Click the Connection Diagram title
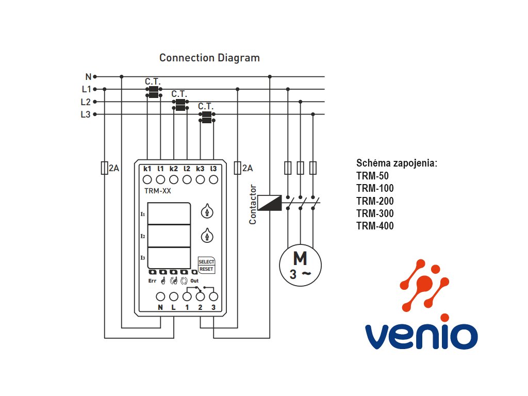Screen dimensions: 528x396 [209, 58]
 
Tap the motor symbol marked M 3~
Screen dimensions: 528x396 [300, 266]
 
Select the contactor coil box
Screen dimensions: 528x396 [269, 203]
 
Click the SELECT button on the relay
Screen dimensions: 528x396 [206, 261]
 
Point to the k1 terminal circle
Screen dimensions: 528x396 [147, 179]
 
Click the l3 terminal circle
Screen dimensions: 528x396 [213, 179]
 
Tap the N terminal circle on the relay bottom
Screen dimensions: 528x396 [160, 296]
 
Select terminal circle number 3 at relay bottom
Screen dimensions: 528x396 [213, 296]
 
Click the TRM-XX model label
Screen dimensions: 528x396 [158, 191]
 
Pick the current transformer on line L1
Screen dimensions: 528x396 [154, 92]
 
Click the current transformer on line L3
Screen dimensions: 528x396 [207, 117]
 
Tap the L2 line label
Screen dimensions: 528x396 [86, 102]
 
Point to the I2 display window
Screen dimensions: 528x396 [169, 236]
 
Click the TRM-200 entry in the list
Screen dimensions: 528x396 [375, 201]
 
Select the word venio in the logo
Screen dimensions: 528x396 [421, 335]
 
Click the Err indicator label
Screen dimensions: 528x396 [152, 281]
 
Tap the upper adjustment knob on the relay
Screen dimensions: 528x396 [207, 211]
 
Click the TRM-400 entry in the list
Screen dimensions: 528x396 [375, 226]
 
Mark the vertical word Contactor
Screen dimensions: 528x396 [253, 204]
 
